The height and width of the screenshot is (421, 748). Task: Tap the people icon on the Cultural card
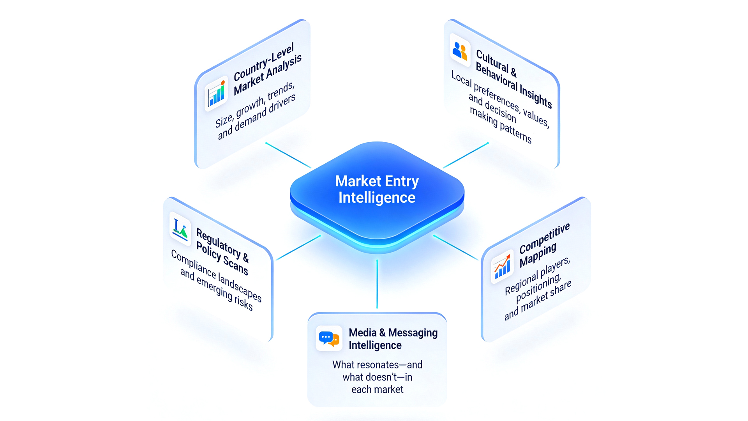coord(460,51)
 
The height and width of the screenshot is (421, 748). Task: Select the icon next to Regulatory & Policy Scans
coord(180,229)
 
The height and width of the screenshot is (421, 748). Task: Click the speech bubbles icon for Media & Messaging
coord(329,338)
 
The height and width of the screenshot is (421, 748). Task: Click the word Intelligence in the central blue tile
coord(377,198)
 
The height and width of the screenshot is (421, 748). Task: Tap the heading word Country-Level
coord(263,63)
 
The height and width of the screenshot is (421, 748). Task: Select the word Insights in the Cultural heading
coord(536,96)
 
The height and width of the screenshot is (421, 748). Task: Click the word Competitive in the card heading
coord(544,238)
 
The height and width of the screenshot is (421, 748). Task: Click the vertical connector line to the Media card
coord(377,284)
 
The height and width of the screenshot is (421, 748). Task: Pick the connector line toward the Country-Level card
coord(288,155)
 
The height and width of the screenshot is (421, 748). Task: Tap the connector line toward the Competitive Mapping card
coord(455,248)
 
